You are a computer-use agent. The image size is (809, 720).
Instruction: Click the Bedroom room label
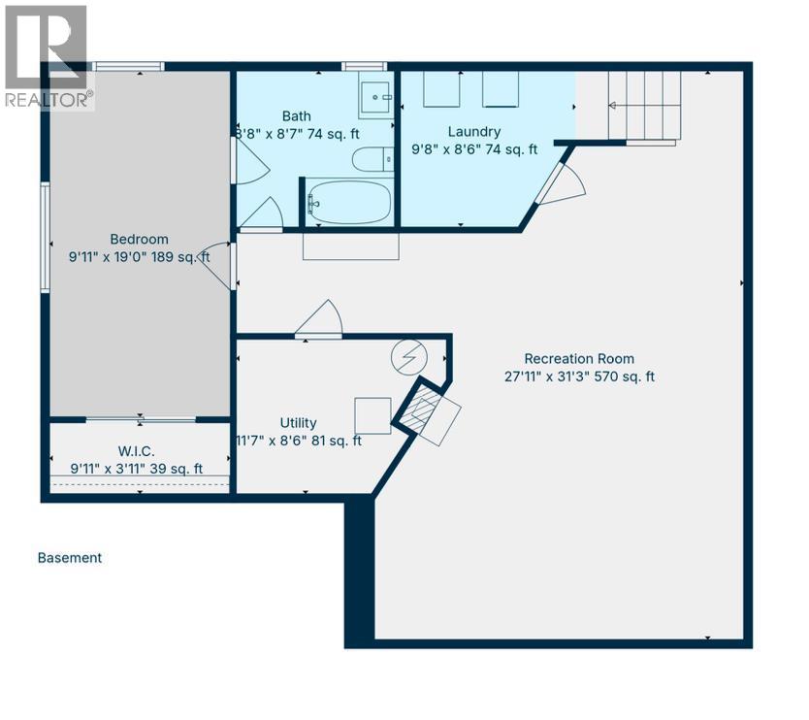[140, 240]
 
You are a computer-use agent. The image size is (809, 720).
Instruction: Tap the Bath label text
[297, 116]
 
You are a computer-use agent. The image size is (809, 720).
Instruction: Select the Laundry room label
[474, 132]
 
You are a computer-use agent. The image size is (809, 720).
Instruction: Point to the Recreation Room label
[579, 359]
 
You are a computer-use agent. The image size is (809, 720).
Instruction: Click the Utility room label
[298, 423]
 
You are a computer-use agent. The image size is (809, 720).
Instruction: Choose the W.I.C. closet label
[136, 451]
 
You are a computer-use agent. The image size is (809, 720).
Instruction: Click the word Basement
[70, 558]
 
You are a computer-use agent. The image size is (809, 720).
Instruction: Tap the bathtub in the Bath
[348, 203]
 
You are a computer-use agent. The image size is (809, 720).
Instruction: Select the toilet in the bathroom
[372, 159]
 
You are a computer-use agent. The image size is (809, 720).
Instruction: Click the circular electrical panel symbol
[409, 357]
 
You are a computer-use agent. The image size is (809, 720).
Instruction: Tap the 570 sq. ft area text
[625, 376]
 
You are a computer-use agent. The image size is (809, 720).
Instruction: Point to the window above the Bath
[365, 66]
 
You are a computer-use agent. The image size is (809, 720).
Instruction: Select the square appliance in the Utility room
[372, 416]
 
